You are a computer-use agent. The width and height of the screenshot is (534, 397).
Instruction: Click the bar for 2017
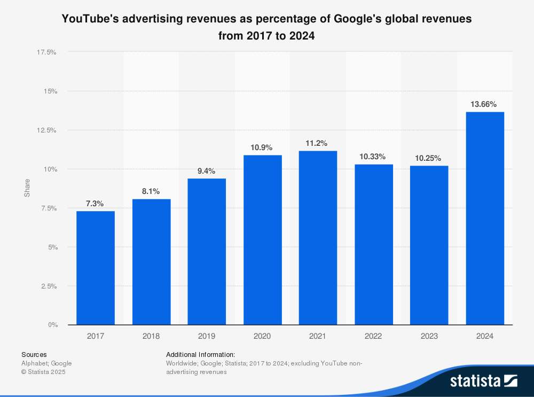[x=96, y=268]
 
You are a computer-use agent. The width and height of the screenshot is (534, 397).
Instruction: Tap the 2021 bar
[x=318, y=238]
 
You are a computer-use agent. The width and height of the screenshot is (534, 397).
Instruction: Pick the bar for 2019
[x=207, y=252]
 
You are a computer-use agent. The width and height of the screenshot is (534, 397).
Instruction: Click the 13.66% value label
[x=485, y=104]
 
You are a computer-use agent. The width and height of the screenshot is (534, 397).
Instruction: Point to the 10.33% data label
[x=373, y=156]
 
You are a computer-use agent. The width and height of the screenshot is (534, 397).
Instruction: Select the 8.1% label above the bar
[x=151, y=191]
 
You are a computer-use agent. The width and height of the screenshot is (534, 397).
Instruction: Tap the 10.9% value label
[x=262, y=147]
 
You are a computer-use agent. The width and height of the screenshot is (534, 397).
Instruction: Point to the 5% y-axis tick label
[x=51, y=247]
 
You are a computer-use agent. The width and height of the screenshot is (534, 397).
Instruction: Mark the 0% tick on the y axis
[x=52, y=325]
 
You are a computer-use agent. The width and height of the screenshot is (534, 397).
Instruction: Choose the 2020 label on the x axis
[x=262, y=336]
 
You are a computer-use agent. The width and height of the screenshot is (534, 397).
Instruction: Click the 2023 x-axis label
[x=429, y=336]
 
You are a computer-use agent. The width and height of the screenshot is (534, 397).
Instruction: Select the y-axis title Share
[x=27, y=188]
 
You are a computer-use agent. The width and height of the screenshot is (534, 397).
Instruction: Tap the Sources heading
[x=34, y=354]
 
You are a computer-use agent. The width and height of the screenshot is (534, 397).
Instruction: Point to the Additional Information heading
[x=200, y=354]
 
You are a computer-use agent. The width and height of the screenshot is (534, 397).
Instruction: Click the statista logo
[x=483, y=381]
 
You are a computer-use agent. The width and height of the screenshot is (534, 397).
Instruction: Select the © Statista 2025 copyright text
[x=43, y=372]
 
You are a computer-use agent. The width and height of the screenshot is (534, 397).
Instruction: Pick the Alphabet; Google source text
[x=46, y=363]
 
